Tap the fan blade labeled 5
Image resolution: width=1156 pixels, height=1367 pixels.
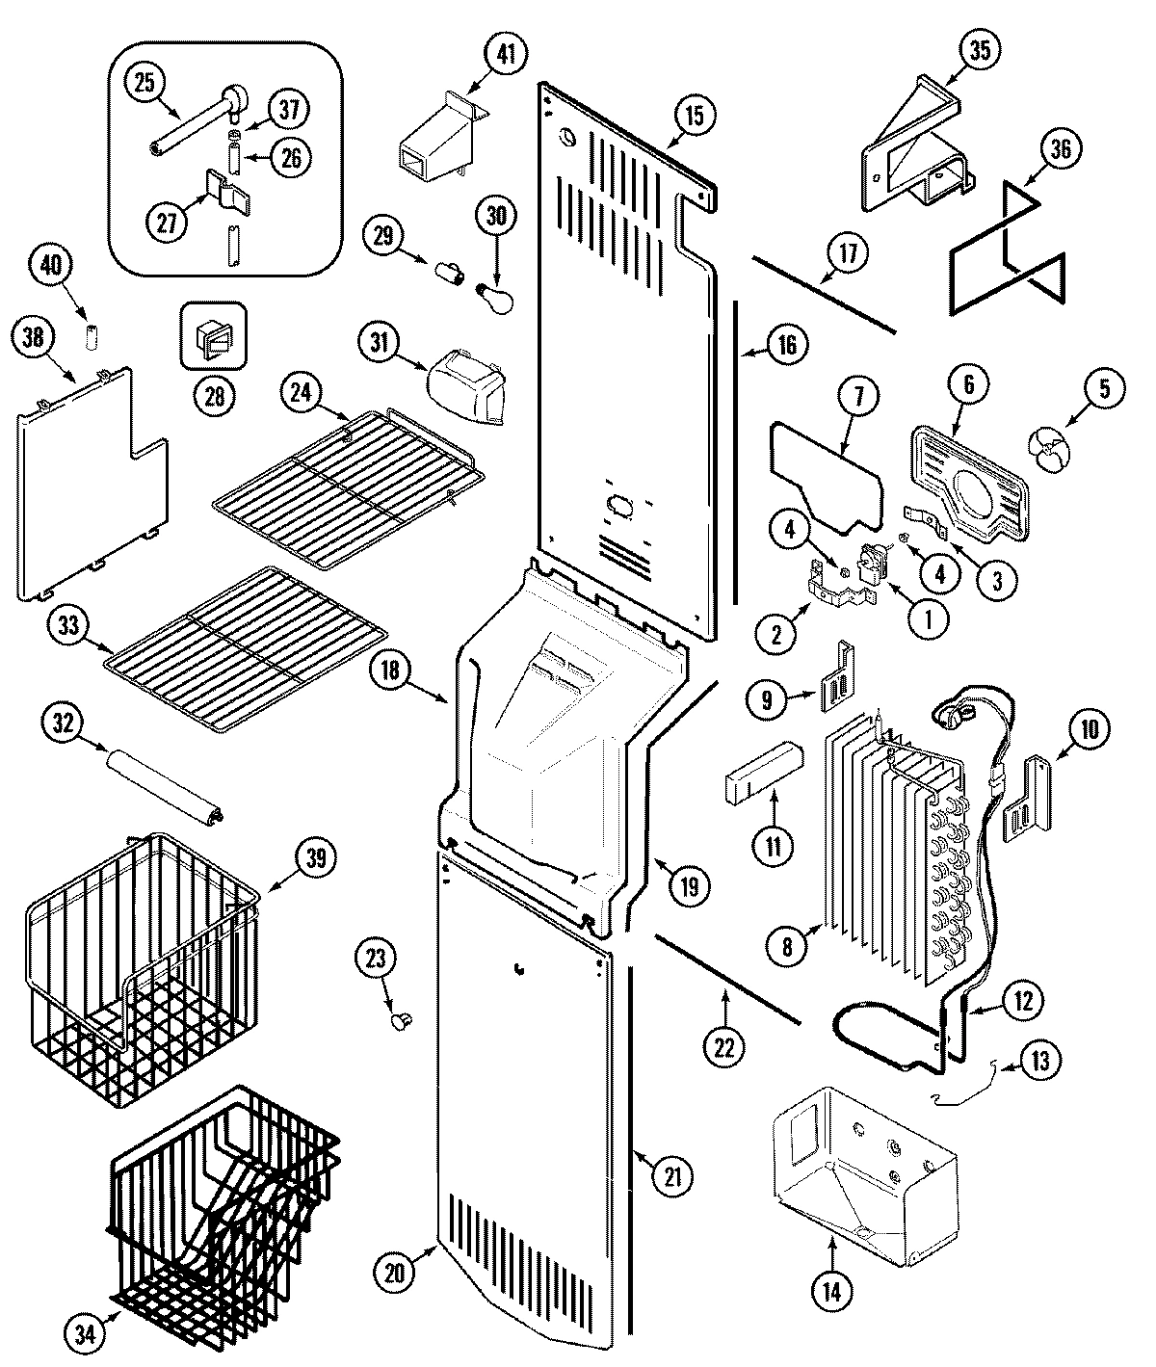tap(1047, 448)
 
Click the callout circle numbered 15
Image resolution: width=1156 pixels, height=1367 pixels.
tap(695, 115)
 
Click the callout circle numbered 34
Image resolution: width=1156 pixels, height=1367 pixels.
tap(85, 1334)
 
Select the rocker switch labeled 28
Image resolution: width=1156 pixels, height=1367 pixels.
tap(214, 337)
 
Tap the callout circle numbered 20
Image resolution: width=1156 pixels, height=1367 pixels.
tap(395, 1271)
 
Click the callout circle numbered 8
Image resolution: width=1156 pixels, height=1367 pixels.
tap(787, 947)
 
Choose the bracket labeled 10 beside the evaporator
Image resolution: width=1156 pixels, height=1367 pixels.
tap(1027, 799)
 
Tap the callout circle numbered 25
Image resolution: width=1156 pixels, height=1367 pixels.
tap(144, 84)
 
